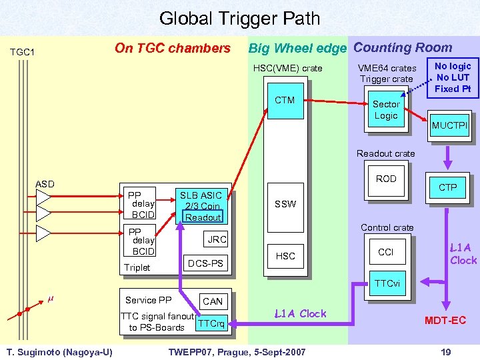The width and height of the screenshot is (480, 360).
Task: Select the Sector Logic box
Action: pos(385,110)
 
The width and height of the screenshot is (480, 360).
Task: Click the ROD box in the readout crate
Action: pos(385,179)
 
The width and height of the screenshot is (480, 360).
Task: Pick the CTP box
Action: pos(447,187)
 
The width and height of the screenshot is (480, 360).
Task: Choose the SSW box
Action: pos(285,204)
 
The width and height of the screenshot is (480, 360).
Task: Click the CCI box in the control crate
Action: pos(385,252)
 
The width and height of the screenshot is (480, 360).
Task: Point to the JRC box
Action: pos(217,239)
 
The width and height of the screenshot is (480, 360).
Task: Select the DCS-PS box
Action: pos(206,264)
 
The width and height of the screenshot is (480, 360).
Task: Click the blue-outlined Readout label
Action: pos(203,217)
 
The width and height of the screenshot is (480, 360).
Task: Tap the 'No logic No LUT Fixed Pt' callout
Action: pos(453,77)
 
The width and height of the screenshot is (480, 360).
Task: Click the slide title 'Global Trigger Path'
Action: pos(239,19)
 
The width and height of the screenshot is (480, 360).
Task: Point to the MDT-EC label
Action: pos(446,321)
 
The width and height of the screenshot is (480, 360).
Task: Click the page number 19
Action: pos(446,351)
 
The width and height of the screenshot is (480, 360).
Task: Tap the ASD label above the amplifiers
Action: pos(45,184)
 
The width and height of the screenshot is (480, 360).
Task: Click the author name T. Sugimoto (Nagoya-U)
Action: pos(59,351)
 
